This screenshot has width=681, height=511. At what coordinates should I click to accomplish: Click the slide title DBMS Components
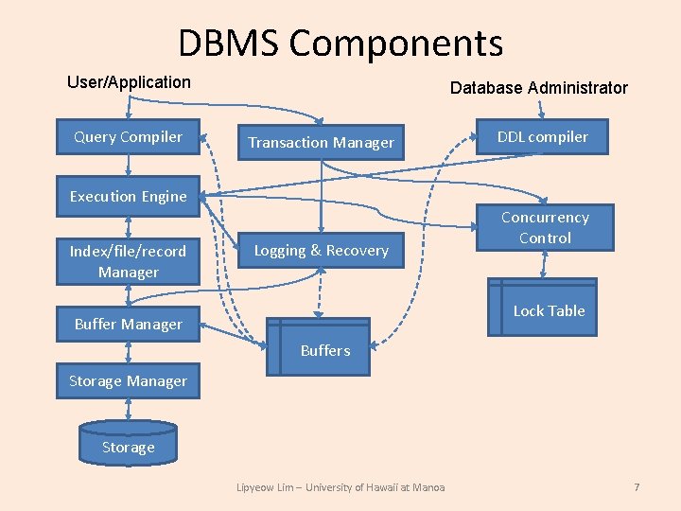pyautogui.click(x=340, y=44)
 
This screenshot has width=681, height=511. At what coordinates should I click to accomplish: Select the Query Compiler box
pyautogui.click(x=128, y=137)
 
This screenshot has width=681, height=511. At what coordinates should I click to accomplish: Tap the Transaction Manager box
pyautogui.click(x=321, y=143)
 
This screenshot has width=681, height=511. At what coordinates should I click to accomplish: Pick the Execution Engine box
pyautogui.click(x=128, y=197)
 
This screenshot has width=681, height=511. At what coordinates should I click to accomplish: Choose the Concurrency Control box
pyautogui.click(x=544, y=228)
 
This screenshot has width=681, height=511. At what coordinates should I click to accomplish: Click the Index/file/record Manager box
pyautogui.click(x=128, y=261)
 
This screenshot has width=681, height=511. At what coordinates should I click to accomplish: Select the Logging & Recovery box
pyautogui.click(x=321, y=251)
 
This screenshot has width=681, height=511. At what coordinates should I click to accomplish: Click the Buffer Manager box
pyautogui.click(x=128, y=325)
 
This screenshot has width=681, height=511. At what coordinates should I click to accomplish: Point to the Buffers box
pyautogui.click(x=324, y=350)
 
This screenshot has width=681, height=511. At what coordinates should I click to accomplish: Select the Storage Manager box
pyautogui.click(x=128, y=381)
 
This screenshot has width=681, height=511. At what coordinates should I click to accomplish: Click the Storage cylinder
pyautogui.click(x=128, y=446)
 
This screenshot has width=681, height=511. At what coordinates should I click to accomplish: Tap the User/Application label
pyautogui.click(x=129, y=82)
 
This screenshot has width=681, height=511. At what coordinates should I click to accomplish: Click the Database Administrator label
pyautogui.click(x=538, y=88)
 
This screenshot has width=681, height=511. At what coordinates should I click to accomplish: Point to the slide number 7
pyautogui.click(x=637, y=487)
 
